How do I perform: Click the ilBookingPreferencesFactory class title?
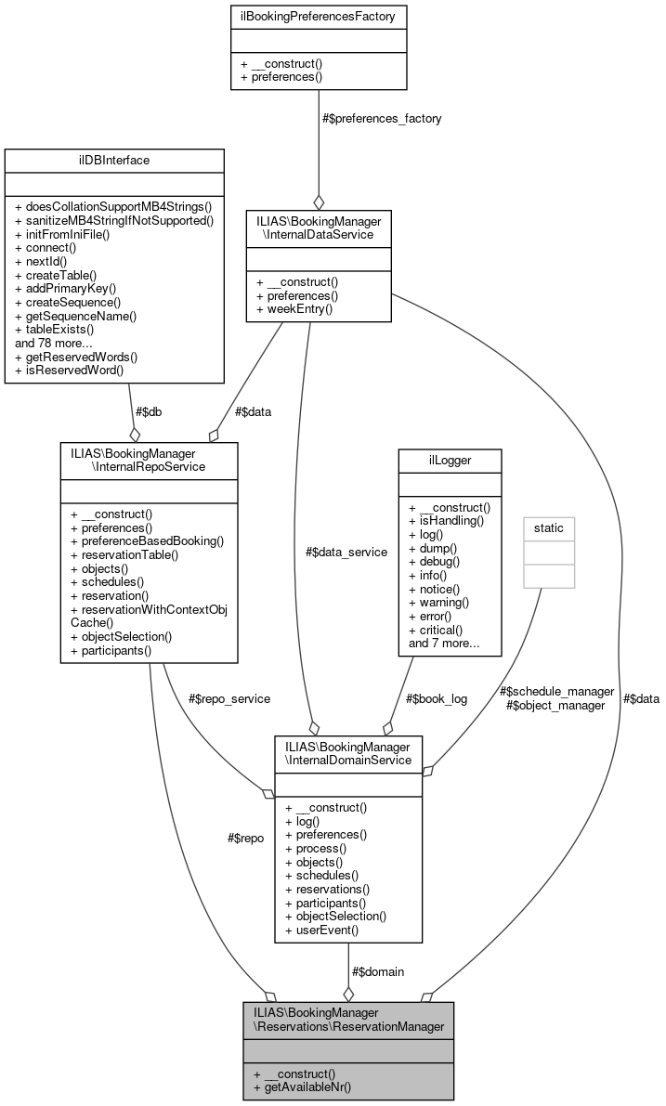[x=319, y=16]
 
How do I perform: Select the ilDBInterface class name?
[x=114, y=160]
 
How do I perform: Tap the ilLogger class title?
[x=450, y=460]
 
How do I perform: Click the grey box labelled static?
[x=548, y=527]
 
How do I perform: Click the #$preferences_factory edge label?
[x=381, y=118]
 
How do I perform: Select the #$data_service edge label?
[x=347, y=552]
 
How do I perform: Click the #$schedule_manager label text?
[x=556, y=691]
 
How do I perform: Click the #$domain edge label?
[x=378, y=971]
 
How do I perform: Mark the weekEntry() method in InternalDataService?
[x=294, y=306]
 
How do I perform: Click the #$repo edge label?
[x=245, y=837]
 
